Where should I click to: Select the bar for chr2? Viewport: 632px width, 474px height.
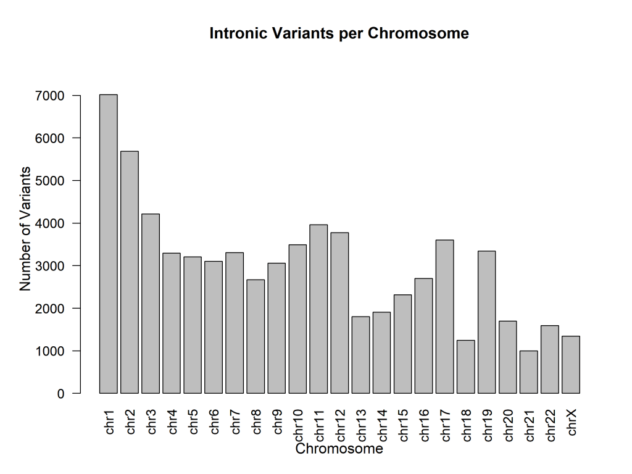click(x=129, y=272)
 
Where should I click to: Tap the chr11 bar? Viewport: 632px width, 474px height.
click(x=318, y=309)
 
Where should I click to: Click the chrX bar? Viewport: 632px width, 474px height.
click(x=571, y=365)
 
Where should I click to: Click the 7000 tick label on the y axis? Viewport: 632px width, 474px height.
click(x=50, y=96)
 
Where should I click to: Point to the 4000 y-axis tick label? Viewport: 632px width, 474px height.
click(x=50, y=223)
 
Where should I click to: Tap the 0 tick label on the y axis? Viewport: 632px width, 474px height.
click(x=60, y=394)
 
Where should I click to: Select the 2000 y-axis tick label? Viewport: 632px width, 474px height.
click(x=50, y=309)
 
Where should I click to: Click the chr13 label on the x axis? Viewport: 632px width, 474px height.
click(x=362, y=423)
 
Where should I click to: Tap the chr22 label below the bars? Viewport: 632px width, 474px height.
click(x=551, y=423)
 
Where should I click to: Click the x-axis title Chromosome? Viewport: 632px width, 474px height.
click(x=339, y=449)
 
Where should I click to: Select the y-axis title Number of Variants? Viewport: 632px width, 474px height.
click(x=25, y=228)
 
